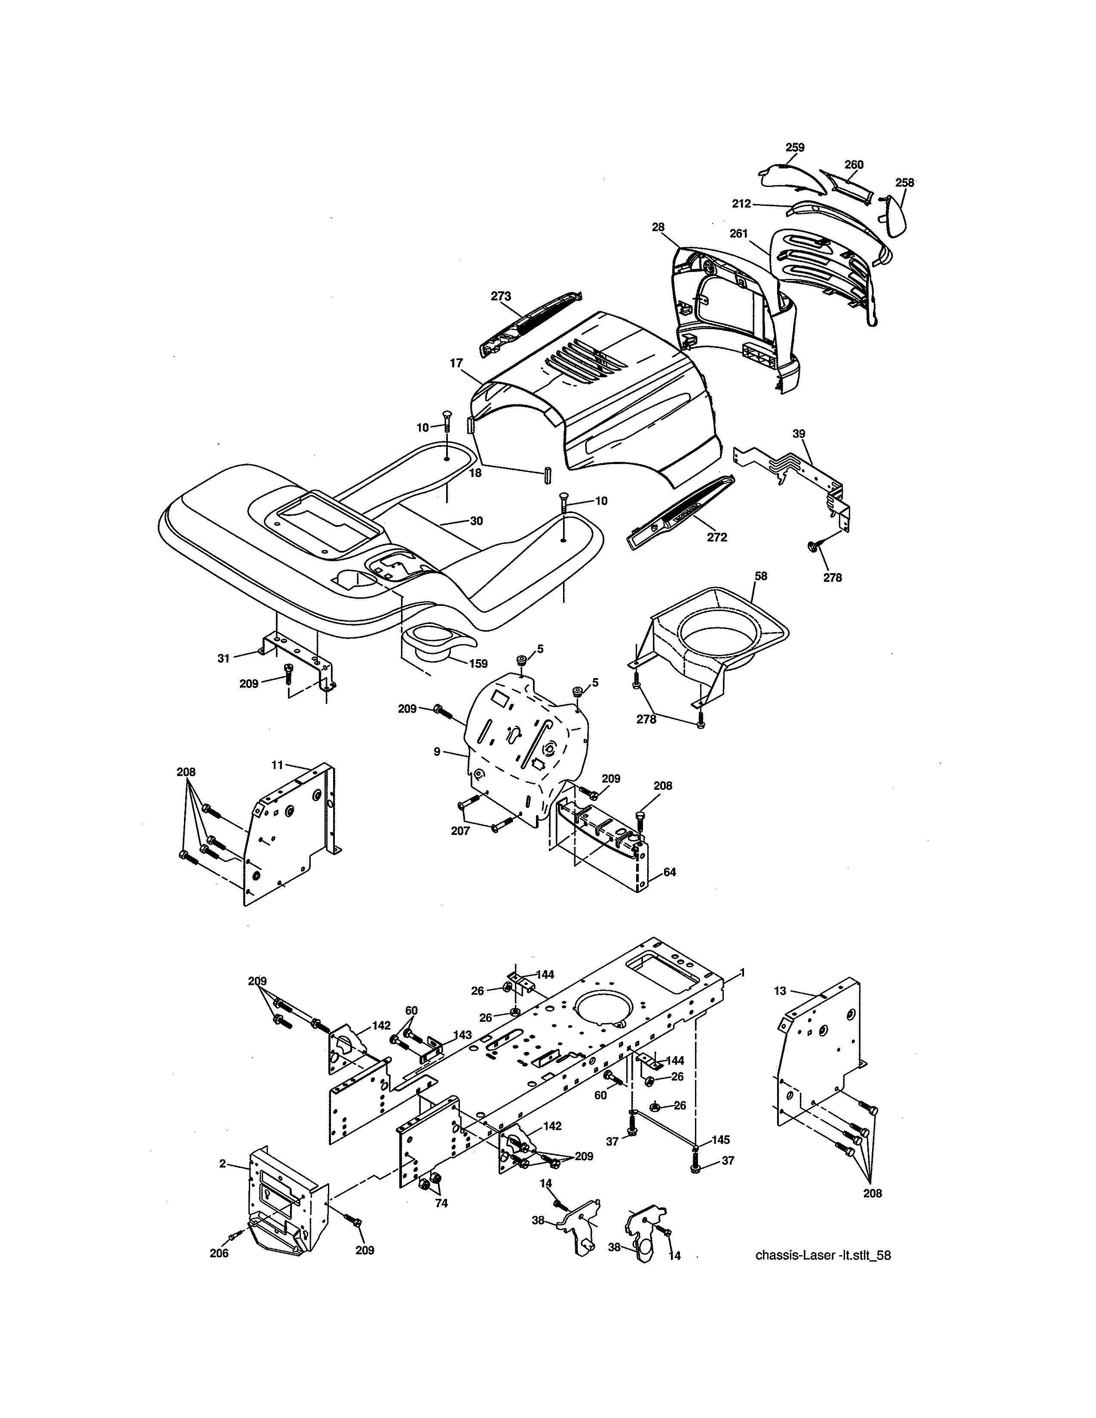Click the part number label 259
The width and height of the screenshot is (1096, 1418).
pyautogui.click(x=795, y=147)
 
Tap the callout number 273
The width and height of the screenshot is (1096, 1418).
pyautogui.click(x=501, y=297)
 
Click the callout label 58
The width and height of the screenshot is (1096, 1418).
pyautogui.click(x=761, y=576)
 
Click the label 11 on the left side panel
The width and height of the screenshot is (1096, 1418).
pyautogui.click(x=277, y=765)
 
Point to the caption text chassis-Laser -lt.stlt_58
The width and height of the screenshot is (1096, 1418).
pyautogui.click(x=823, y=1255)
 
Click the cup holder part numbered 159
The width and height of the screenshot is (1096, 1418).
pyautogui.click(x=432, y=639)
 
